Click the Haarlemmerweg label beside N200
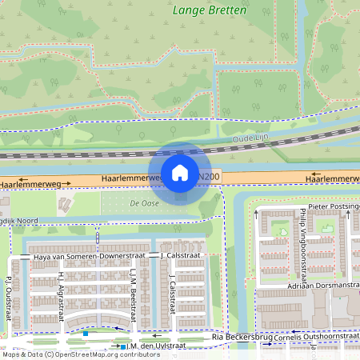click(130, 177)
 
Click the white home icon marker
click(180, 172)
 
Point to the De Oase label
click(144, 204)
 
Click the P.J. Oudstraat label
click(8, 294)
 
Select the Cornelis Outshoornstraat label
click(315, 337)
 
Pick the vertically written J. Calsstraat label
click(171, 296)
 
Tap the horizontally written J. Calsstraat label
click(180, 255)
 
